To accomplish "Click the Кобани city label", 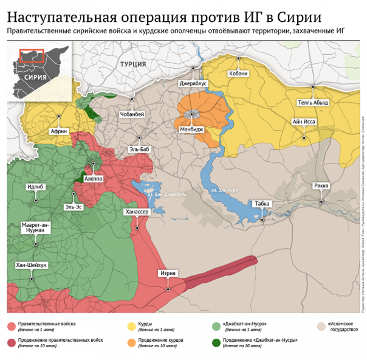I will coord(238,74).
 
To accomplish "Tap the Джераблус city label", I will coord(193,83).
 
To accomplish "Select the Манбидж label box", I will coord(191,130).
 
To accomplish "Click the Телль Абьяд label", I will coord(312,103).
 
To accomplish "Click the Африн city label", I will coord(59,131).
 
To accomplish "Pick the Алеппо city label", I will coord(93,179).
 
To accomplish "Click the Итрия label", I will coord(168,273).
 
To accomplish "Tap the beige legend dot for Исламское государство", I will coord(320,325).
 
